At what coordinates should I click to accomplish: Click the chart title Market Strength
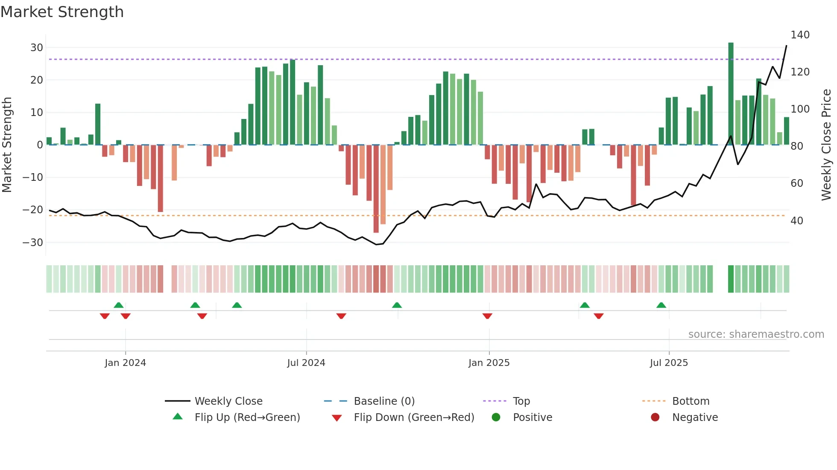click(62, 12)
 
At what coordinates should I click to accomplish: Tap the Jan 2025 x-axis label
click(489, 363)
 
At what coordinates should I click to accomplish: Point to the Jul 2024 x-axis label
click(306, 363)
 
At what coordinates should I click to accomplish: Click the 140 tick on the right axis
click(800, 35)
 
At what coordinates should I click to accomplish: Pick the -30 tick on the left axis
click(33, 242)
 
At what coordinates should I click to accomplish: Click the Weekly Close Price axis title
click(827, 145)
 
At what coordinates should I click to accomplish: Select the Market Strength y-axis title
click(7, 145)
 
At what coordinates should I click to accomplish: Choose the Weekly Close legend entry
click(228, 401)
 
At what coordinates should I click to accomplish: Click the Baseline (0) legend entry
click(384, 401)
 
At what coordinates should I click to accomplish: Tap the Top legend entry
click(521, 401)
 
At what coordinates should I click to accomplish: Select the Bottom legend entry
click(691, 401)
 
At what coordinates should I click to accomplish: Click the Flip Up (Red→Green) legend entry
click(247, 418)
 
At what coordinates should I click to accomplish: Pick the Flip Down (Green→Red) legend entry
click(414, 418)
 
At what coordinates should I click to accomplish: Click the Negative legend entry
click(695, 418)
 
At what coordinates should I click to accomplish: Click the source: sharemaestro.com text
click(756, 334)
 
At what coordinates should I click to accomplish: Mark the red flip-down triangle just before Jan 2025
click(487, 316)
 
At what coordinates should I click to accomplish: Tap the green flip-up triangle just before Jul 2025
click(661, 305)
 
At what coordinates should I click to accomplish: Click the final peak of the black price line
click(786, 46)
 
